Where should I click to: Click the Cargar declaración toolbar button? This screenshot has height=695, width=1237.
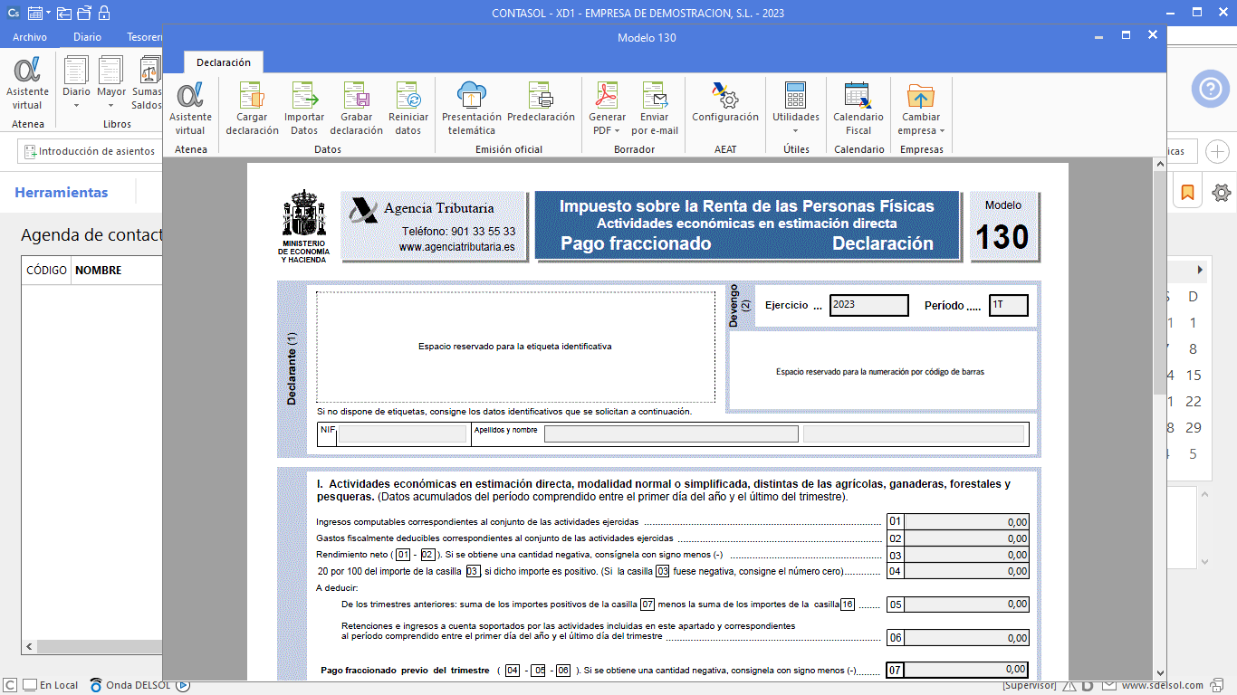[252, 109]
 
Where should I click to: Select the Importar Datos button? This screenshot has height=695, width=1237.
[304, 109]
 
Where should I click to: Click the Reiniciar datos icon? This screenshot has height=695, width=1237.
[408, 109]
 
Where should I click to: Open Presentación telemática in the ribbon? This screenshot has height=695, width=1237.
[472, 109]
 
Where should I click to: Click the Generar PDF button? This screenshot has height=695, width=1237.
[607, 109]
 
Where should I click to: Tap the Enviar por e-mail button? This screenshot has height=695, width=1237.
[655, 109]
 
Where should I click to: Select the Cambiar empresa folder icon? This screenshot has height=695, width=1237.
[921, 96]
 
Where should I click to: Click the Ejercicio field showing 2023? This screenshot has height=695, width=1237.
[868, 305]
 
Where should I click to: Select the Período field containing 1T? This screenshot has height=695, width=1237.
[1008, 305]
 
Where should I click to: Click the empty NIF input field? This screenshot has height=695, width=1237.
[402, 434]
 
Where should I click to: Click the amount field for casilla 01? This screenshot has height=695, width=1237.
[966, 522]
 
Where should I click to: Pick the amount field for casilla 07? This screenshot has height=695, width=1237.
[966, 670]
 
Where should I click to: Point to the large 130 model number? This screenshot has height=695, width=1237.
[1002, 237]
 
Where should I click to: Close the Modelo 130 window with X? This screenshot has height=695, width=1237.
[1152, 35]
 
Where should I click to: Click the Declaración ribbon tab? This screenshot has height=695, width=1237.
[224, 62]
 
